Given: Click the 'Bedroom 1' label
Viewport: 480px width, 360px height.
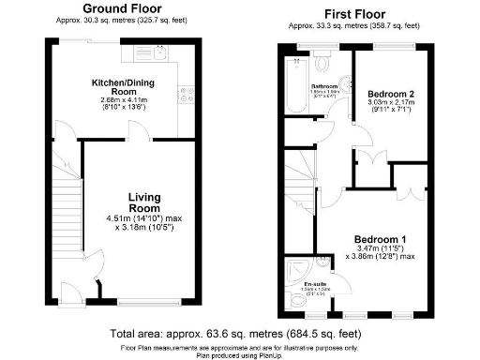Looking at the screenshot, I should (379, 239).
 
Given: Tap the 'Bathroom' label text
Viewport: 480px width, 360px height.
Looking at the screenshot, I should (323, 86).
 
